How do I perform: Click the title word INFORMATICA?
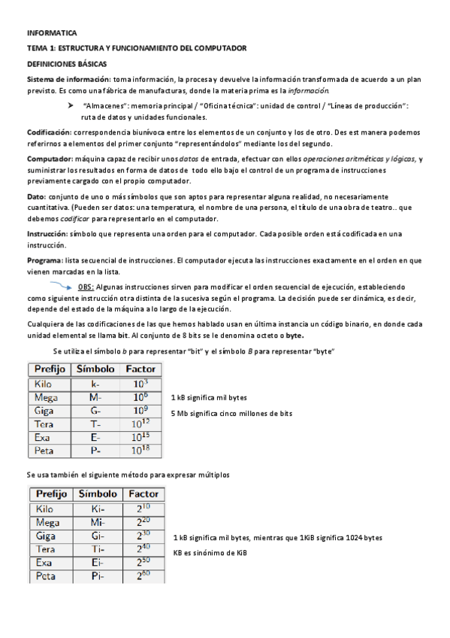[x=51, y=34]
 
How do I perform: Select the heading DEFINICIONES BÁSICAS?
[x=67, y=63]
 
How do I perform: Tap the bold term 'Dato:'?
[x=36, y=195]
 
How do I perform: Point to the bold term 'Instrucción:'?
[x=47, y=234]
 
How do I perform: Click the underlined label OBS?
[x=86, y=287]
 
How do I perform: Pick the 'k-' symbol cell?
[x=95, y=383]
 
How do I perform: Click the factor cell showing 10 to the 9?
[x=140, y=410]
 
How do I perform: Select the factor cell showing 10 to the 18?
[x=140, y=451]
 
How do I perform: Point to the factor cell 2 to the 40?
[x=143, y=549]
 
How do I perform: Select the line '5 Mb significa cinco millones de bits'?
[x=231, y=414]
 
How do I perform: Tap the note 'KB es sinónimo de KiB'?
[x=210, y=553]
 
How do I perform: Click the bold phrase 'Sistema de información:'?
[x=68, y=80]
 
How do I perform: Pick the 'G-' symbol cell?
[x=95, y=410]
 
